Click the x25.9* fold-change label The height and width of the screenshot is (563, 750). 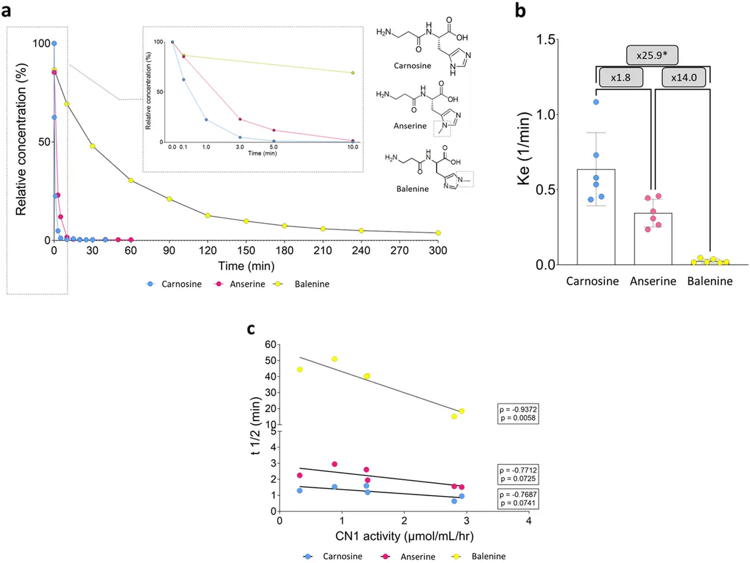tap(652, 55)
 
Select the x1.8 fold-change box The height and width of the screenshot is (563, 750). tap(621, 77)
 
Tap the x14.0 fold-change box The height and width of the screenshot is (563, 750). tap(683, 77)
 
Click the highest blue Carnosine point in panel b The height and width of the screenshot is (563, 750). tap(596, 102)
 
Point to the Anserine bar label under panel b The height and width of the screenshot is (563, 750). tap(653, 281)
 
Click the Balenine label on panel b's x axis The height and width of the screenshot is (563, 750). tap(710, 281)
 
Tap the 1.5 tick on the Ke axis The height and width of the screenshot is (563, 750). tap(546, 39)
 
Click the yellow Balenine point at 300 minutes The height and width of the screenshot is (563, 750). tap(438, 233)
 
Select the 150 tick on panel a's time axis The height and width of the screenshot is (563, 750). tap(246, 250)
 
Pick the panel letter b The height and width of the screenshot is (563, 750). tap(520, 11)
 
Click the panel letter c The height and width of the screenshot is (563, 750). tap(251, 329)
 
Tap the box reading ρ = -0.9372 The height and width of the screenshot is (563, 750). tap(517, 413)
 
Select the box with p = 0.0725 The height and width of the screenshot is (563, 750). tap(517, 474)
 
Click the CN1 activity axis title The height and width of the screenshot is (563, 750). tap(404, 536)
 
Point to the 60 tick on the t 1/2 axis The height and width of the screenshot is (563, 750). tap(270, 344)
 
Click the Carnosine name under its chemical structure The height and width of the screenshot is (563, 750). tap(412, 66)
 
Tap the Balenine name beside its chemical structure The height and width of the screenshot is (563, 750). tap(412, 189)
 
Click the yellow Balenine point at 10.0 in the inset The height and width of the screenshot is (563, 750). tap(353, 73)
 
